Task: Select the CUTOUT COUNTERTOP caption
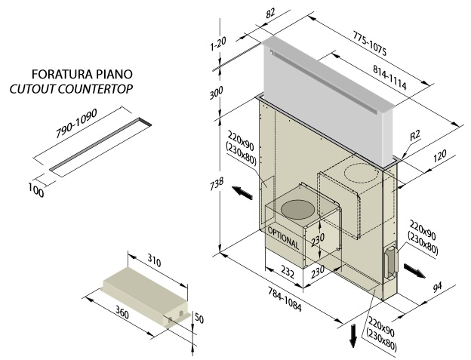point(72,89)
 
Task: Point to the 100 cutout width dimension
point(34,189)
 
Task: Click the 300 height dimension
point(220,94)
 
